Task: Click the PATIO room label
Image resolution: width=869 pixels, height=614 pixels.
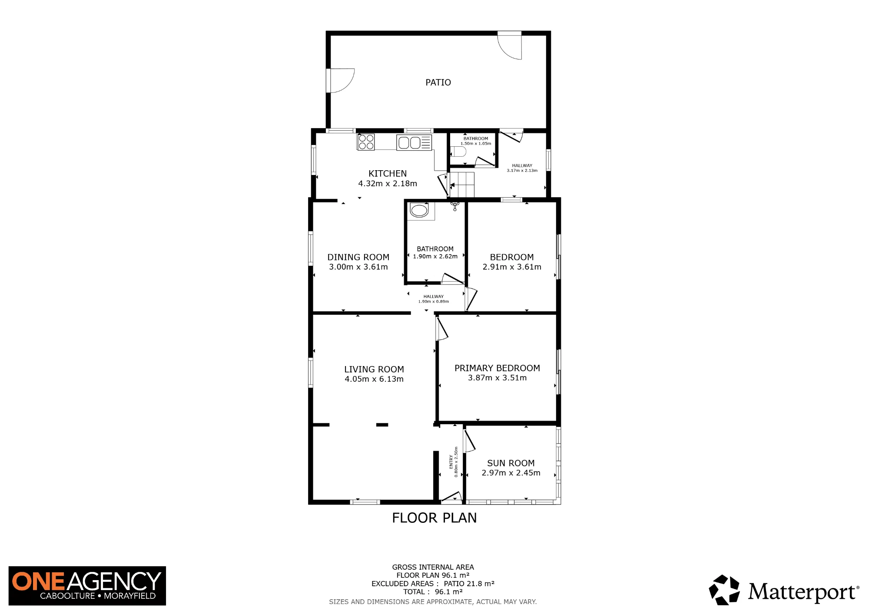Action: click(438, 83)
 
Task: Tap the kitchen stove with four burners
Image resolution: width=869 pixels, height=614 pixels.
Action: click(366, 142)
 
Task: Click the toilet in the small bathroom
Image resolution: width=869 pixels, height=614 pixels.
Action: click(458, 152)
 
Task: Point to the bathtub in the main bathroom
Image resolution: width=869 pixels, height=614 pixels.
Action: click(419, 211)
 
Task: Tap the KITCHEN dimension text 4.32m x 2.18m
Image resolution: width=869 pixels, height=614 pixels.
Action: click(388, 184)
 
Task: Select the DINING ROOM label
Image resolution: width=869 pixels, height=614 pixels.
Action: click(358, 257)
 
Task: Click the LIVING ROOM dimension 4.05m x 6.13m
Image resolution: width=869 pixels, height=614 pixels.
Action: click(374, 379)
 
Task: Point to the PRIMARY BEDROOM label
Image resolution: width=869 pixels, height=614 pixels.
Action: click(497, 368)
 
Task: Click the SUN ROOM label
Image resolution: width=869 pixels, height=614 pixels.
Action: click(511, 463)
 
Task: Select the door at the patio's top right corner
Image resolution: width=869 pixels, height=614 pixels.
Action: click(510, 45)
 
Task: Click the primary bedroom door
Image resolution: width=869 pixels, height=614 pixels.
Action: click(442, 329)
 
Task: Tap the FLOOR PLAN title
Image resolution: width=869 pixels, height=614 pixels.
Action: click(434, 518)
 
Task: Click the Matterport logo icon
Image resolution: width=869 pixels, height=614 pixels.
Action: click(724, 590)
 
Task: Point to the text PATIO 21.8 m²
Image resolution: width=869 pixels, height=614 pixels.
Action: click(469, 584)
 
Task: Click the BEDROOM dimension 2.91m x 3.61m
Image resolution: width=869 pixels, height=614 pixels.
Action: click(512, 267)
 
